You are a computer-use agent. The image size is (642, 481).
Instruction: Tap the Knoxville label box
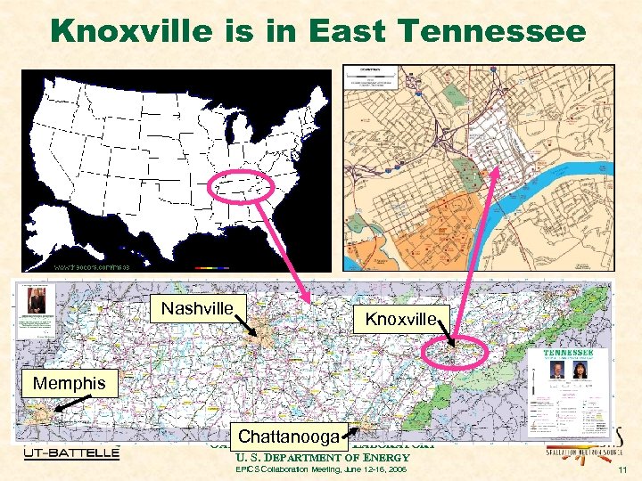point(399,318)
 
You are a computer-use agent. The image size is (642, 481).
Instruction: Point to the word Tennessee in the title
point(505,32)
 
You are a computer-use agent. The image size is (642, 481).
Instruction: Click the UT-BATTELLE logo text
point(71,453)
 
